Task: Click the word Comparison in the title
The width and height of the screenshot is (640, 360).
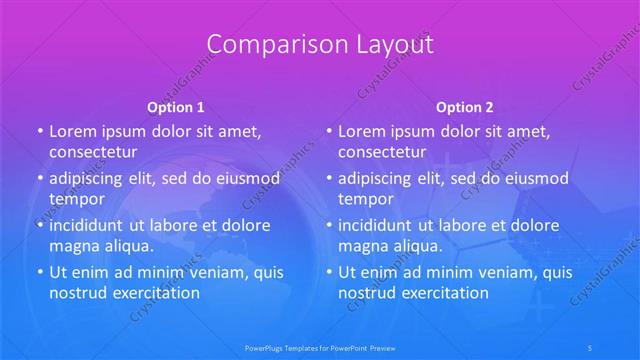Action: click(265, 45)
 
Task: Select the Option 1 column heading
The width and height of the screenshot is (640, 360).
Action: click(176, 106)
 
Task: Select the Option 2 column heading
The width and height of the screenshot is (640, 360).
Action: click(465, 106)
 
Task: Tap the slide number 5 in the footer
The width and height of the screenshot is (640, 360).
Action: click(591, 348)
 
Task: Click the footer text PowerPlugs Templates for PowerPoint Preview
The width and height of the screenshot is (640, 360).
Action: click(319, 348)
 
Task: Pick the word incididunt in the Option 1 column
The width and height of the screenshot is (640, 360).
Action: click(92, 225)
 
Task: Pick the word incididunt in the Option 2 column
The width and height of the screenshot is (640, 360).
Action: click(381, 225)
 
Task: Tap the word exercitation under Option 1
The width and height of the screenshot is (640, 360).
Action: click(155, 292)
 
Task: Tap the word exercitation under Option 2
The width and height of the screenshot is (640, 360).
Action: click(444, 292)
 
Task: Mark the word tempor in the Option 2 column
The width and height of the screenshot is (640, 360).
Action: click(366, 199)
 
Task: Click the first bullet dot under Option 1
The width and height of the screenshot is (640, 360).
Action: click(39, 132)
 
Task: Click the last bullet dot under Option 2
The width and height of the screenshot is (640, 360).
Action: click(328, 272)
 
